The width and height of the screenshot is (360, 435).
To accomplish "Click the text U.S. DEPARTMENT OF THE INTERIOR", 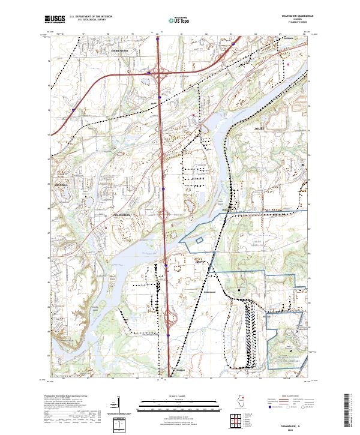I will click(x=89, y=17).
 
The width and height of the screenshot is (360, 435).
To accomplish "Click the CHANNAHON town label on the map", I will click(x=122, y=214).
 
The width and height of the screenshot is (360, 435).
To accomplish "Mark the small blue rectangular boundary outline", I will click(x=199, y=240).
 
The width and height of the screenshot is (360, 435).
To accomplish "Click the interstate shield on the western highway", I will click(x=73, y=110).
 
